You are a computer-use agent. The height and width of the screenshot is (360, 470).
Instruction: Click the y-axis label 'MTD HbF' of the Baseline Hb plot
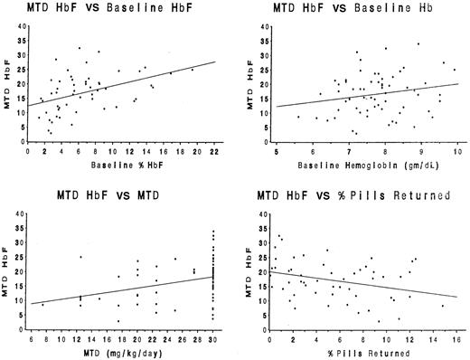click(x=249, y=81)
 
